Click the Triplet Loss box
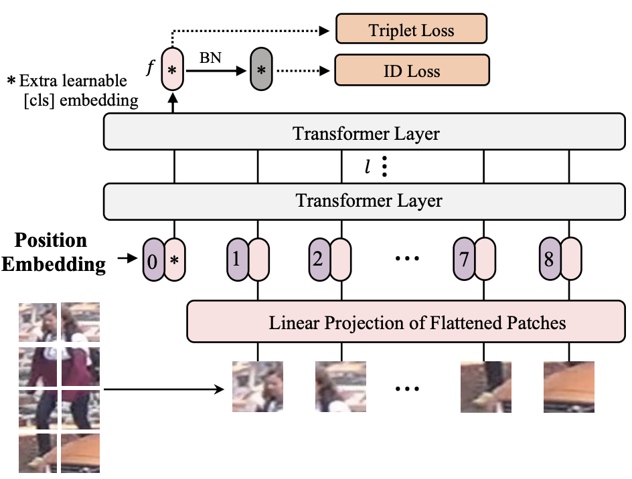tap(411, 30)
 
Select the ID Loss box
tap(411, 70)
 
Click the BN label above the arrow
tap(210, 58)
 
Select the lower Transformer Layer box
tap(368, 200)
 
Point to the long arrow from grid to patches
tap(164, 388)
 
